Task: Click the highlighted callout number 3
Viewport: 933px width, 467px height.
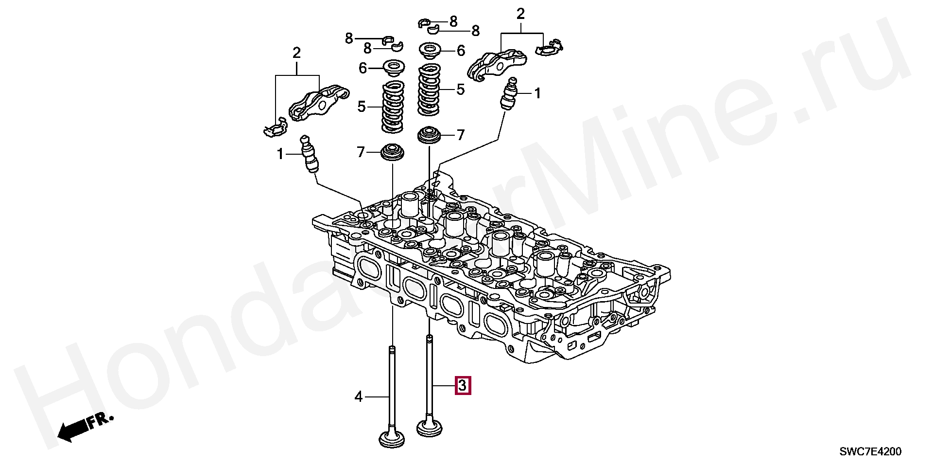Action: [463, 386]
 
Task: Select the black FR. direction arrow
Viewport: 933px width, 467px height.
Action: [73, 430]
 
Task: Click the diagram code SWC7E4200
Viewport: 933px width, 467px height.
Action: [871, 452]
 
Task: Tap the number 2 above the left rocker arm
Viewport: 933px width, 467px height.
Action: [296, 53]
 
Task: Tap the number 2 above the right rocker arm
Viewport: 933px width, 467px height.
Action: [521, 14]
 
